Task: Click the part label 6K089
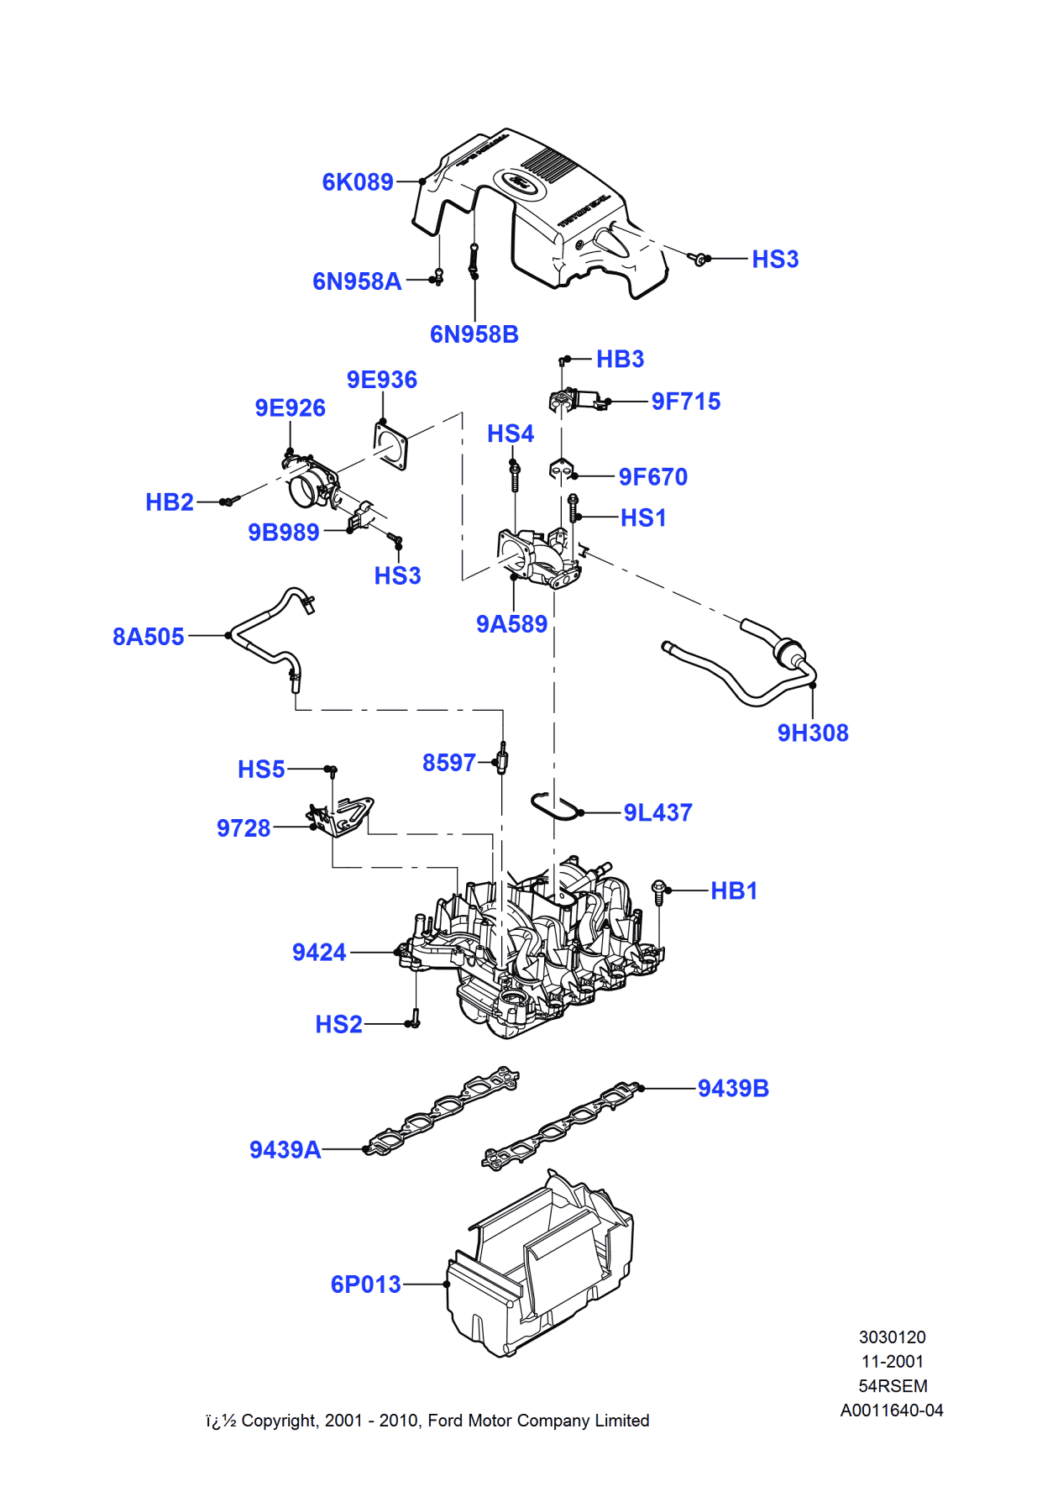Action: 358,182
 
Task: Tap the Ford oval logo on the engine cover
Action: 519,182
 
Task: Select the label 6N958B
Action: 474,334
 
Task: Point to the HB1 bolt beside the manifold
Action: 659,892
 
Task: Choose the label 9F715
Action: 685,402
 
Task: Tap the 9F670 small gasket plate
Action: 561,470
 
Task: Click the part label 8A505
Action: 148,637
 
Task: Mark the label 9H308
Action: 812,733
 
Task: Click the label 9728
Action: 244,828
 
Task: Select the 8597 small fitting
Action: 502,759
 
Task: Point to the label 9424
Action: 319,953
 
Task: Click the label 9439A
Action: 285,1150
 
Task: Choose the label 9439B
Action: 733,1089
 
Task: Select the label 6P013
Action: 365,1284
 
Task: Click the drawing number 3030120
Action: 892,1337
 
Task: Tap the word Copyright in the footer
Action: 280,1421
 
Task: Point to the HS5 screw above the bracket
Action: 332,770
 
